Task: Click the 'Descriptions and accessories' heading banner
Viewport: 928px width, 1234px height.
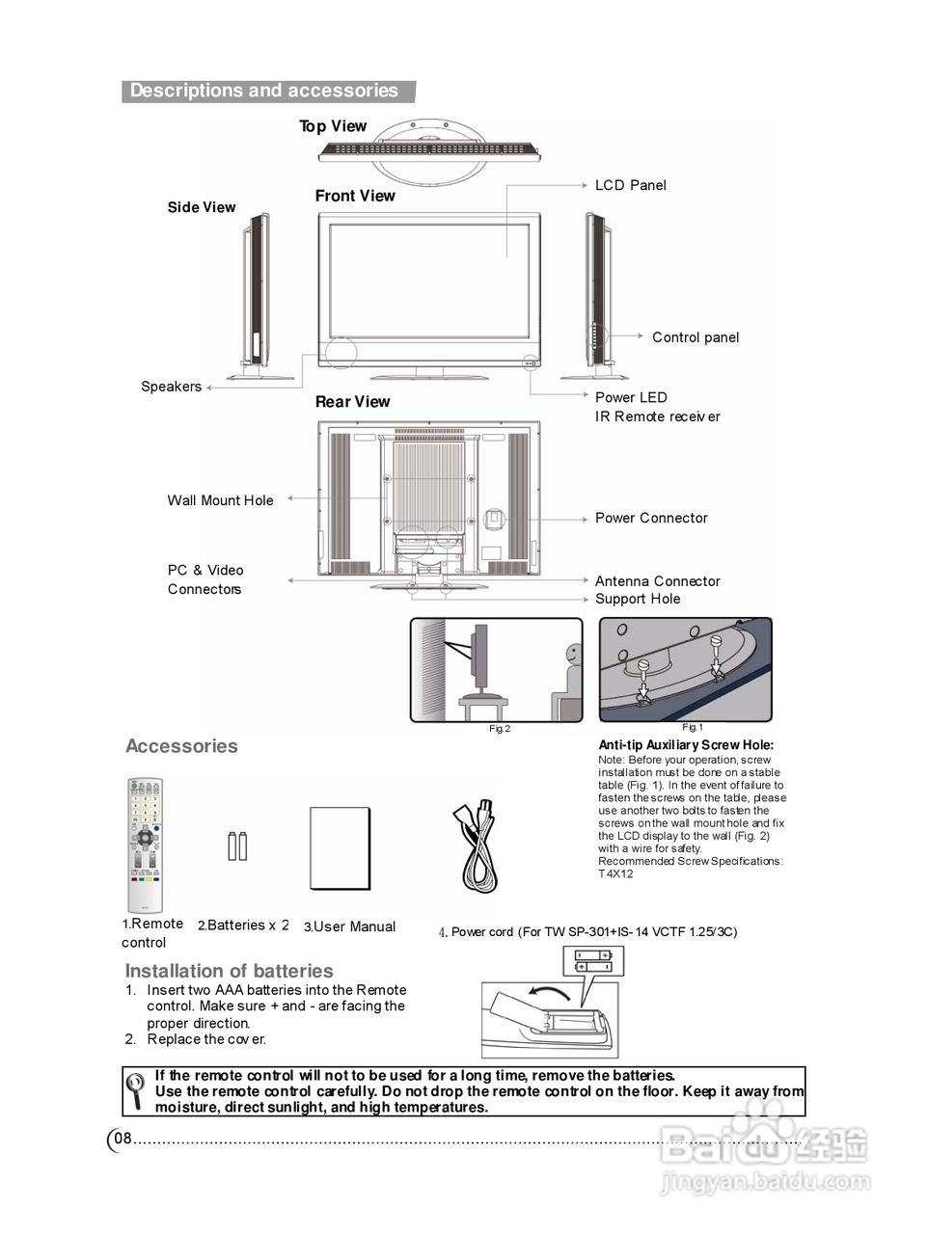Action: [264, 91]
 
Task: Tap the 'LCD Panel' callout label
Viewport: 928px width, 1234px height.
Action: [630, 185]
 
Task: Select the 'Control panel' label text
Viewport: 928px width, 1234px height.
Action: [695, 337]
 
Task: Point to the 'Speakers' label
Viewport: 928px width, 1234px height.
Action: [171, 387]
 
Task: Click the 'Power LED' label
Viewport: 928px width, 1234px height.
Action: [631, 397]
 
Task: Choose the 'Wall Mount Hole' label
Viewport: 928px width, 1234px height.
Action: [220, 500]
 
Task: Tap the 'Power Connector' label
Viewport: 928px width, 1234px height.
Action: [651, 518]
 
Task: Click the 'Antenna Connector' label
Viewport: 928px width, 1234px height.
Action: [657, 581]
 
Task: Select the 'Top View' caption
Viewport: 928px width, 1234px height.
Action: [333, 126]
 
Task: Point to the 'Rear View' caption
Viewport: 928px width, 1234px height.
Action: [352, 402]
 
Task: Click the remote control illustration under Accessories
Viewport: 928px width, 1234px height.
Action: [145, 845]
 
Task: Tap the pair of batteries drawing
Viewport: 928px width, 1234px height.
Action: [237, 845]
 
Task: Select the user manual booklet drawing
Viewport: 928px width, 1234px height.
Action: [340, 848]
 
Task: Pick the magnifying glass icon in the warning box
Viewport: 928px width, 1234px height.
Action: [137, 1090]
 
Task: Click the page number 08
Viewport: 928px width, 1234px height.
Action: [123, 1139]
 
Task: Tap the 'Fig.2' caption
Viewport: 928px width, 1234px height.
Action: [499, 729]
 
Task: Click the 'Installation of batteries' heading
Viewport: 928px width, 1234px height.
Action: [229, 971]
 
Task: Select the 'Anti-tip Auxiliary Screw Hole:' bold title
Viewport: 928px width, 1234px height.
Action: [685, 745]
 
